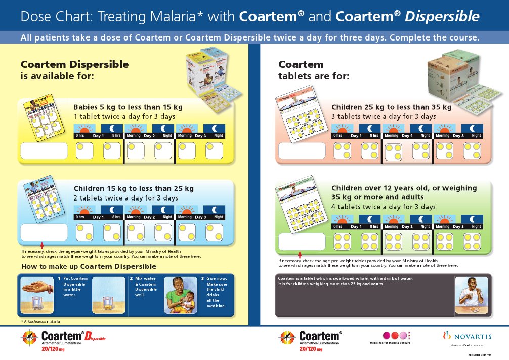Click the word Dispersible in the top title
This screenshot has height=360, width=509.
pos(442,17)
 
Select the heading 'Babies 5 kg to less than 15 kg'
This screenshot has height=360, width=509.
pos(128,107)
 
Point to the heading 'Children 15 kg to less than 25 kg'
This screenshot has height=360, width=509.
pos(134,188)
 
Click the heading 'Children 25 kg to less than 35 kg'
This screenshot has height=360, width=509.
pos(391,107)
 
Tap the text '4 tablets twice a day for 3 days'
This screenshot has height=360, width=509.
pos(384,207)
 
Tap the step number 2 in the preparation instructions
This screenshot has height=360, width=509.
pos(132,278)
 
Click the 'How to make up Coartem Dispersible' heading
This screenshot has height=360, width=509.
pos(89,266)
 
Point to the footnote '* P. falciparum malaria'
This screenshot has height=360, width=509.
pos(40,322)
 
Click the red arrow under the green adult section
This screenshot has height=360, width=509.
pos(299,254)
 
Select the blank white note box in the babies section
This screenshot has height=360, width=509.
pos(44,150)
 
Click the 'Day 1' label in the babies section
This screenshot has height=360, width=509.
pos(98,136)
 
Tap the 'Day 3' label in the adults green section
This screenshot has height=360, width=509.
pos(458,226)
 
